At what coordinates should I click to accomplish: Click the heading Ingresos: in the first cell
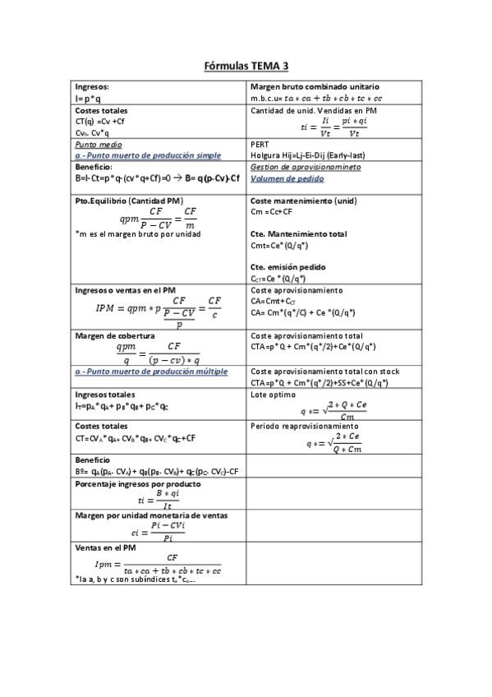point(92,86)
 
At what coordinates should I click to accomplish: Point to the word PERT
point(259,143)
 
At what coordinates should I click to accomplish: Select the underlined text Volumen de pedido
point(287,178)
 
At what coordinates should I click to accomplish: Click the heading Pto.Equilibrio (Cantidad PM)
point(129,201)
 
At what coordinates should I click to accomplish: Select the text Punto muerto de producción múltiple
point(156,372)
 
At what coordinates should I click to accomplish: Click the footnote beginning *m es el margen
point(137,233)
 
